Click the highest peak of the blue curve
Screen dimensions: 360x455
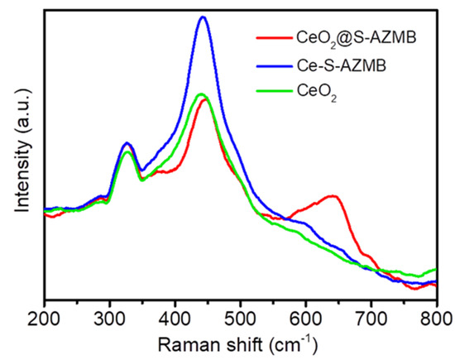pyautogui.click(x=203, y=17)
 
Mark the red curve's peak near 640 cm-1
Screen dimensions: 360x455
pyautogui.click(x=333, y=196)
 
